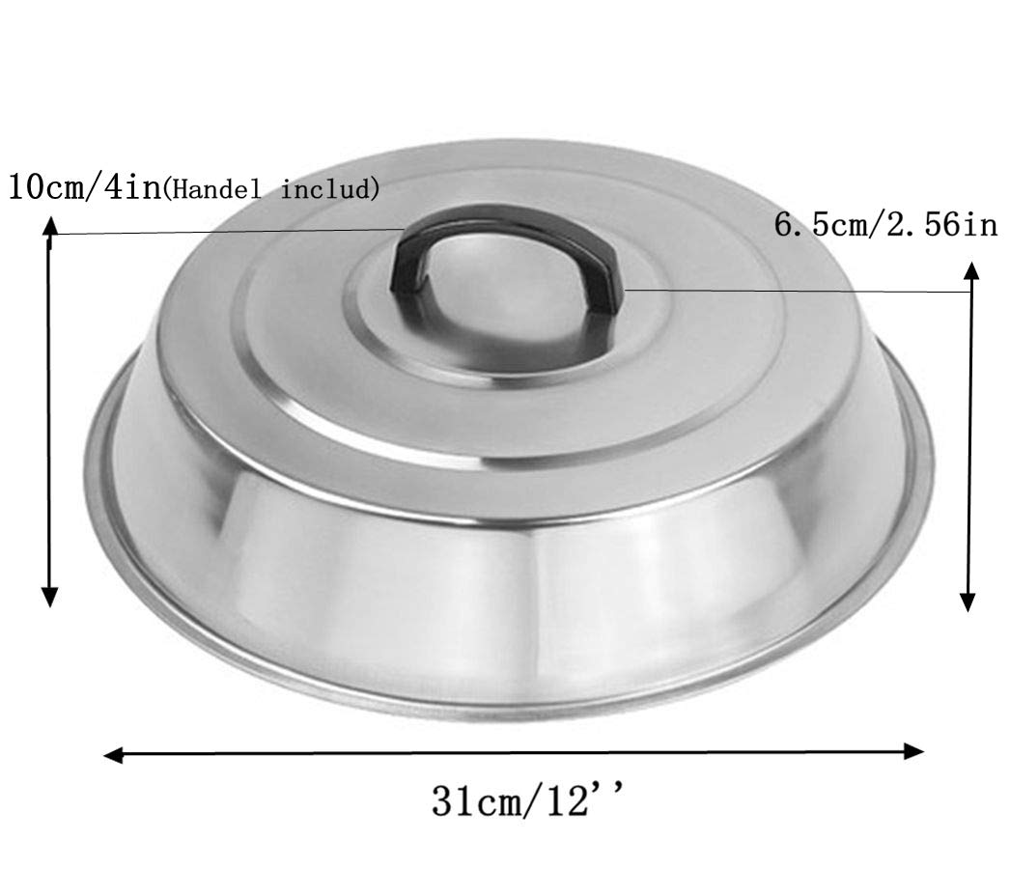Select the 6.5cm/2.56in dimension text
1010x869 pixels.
point(884,226)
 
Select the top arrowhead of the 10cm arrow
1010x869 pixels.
point(51,227)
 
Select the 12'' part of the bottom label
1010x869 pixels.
point(585,799)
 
